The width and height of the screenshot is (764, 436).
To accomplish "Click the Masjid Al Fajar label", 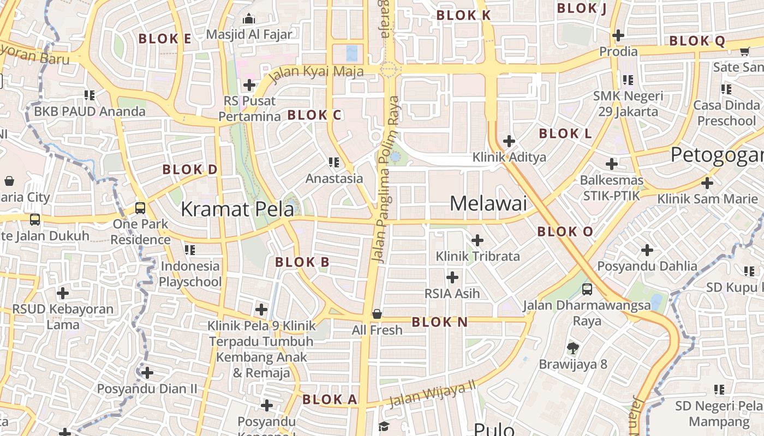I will [x=249, y=34].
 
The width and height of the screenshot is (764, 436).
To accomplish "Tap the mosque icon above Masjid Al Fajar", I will [x=249, y=19].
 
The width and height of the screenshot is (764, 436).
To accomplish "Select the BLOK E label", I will [x=165, y=39].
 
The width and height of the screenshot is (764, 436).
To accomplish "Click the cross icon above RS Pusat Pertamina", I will [x=249, y=85].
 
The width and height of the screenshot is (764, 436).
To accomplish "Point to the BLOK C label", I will [x=314, y=115].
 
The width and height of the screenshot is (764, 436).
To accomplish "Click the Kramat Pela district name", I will [x=237, y=209].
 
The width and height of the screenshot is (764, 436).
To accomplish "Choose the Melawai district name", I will [x=488, y=204].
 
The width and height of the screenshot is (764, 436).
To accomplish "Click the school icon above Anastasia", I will [x=334, y=162].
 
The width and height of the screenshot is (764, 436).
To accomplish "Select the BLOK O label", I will [x=565, y=232].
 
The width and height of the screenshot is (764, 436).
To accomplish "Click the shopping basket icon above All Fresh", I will [x=377, y=314].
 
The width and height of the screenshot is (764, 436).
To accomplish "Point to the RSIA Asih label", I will [x=452, y=293].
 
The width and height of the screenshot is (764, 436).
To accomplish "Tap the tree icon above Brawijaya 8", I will [x=573, y=348].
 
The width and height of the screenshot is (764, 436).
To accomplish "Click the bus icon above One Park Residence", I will [x=140, y=208].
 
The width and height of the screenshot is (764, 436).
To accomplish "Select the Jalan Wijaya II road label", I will [x=433, y=394].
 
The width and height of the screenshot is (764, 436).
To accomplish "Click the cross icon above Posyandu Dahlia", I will [x=647, y=250].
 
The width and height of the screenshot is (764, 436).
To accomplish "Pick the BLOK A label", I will [x=330, y=399].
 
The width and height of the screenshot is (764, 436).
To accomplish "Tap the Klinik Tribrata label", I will [x=477, y=256].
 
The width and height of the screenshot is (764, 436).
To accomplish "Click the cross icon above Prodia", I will [x=618, y=35].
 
